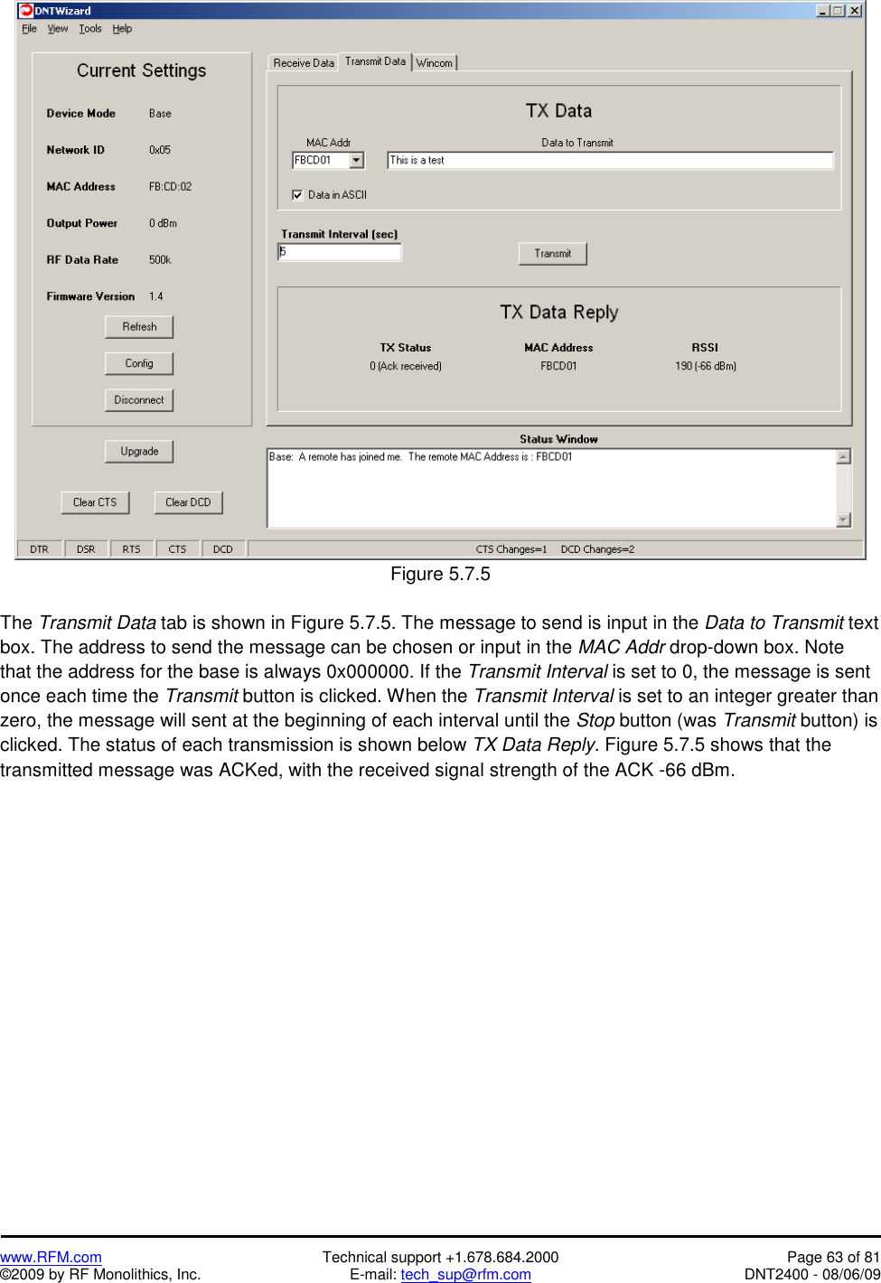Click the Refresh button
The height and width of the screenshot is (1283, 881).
(x=139, y=327)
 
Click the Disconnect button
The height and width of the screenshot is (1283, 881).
(x=139, y=400)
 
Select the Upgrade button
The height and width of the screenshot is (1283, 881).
(x=139, y=452)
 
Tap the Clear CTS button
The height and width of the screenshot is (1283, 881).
(x=95, y=502)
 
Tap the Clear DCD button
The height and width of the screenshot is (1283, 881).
(x=188, y=502)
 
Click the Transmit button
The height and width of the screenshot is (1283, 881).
(x=552, y=254)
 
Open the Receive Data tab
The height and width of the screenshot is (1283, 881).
(x=304, y=63)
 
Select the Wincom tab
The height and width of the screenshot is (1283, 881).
(x=435, y=63)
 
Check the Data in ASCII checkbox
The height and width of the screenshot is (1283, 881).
(x=297, y=195)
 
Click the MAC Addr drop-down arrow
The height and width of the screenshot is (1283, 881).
(x=357, y=161)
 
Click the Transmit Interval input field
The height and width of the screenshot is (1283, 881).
(x=340, y=252)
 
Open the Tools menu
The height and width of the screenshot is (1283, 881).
(x=90, y=29)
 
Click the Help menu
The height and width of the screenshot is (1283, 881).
(x=122, y=29)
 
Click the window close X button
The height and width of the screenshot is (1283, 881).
(x=854, y=11)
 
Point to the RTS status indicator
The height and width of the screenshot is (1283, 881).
(x=131, y=549)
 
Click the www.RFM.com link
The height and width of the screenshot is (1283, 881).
(x=51, y=1257)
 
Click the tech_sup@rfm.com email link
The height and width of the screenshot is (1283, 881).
(x=465, y=1274)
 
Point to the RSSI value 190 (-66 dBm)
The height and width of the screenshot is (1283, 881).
(x=705, y=366)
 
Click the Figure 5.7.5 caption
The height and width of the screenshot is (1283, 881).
(x=440, y=574)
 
